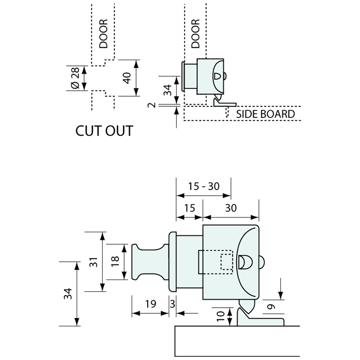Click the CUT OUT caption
104,131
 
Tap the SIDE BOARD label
265,114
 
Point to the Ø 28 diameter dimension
75,79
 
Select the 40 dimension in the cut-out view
127,78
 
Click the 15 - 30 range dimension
204,186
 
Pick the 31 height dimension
94,261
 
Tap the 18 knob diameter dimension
115,262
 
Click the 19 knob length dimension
150,304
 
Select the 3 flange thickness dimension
172,304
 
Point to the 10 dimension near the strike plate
221,316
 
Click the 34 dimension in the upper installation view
167,89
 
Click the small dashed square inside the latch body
226,262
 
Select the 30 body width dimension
231,208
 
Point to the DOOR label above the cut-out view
104,34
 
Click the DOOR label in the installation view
195,34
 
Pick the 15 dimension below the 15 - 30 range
189,208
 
